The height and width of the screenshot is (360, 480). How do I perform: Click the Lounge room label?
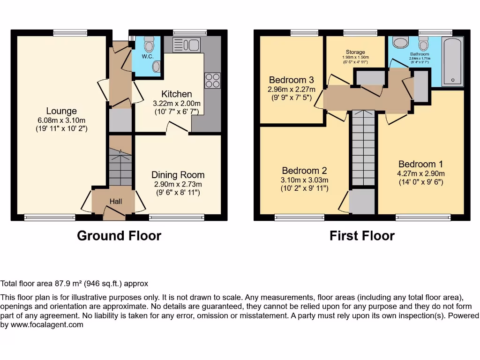pyautogui.click(x=61, y=111)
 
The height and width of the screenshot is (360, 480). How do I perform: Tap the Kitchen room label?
pyautogui.click(x=177, y=94)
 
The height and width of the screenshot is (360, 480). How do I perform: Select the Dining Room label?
pyautogui.click(x=178, y=175)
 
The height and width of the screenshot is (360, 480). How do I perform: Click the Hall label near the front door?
pyautogui.click(x=116, y=202)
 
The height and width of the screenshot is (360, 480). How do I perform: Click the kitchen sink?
pyautogui.click(x=187, y=45)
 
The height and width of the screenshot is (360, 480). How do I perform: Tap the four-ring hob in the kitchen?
pyautogui.click(x=212, y=80)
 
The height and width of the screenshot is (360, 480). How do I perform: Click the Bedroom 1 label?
pyautogui.click(x=420, y=164)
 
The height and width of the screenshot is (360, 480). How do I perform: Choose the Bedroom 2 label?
pyautogui.click(x=304, y=171)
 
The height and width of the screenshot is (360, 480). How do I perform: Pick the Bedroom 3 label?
pyautogui.click(x=291, y=80)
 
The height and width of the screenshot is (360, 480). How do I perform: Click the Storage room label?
pyautogui.click(x=355, y=52)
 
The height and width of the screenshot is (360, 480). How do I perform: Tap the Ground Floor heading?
pyautogui.click(x=119, y=236)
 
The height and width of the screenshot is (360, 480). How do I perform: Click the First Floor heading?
pyautogui.click(x=362, y=236)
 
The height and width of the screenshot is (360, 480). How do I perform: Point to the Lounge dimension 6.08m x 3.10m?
pyautogui.click(x=61, y=120)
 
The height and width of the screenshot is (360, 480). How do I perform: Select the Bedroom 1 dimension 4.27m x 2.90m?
pyautogui.click(x=420, y=173)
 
